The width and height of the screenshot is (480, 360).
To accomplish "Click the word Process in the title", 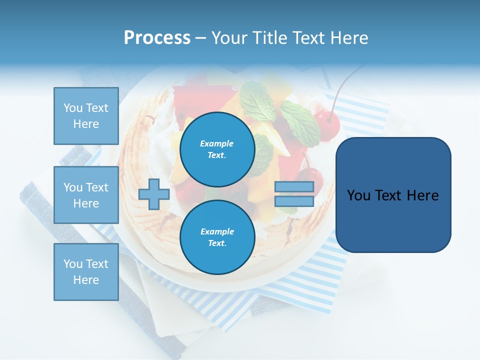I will click(x=157, y=38).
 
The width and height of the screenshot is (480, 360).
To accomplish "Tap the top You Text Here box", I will click(x=86, y=116).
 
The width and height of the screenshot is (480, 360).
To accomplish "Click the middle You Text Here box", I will click(x=86, y=195).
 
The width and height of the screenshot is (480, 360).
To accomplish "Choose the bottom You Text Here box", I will click(x=86, y=271).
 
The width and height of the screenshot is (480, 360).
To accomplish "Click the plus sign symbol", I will click(x=153, y=194).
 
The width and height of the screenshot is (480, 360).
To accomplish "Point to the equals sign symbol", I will click(x=294, y=194).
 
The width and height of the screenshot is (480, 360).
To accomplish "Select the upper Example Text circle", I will click(x=217, y=149).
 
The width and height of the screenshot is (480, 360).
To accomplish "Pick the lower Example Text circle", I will click(x=217, y=237).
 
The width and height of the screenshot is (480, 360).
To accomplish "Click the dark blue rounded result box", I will click(x=393, y=195).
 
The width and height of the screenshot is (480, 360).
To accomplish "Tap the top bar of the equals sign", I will click(x=294, y=187).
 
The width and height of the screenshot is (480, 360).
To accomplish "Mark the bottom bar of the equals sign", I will click(x=294, y=201).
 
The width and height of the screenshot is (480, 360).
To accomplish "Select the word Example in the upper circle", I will click(x=217, y=143).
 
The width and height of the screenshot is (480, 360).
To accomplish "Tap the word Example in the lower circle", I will click(x=217, y=231).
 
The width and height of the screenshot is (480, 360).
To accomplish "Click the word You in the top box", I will click(x=73, y=108).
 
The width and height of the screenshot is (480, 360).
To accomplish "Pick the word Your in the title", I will click(x=230, y=38).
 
